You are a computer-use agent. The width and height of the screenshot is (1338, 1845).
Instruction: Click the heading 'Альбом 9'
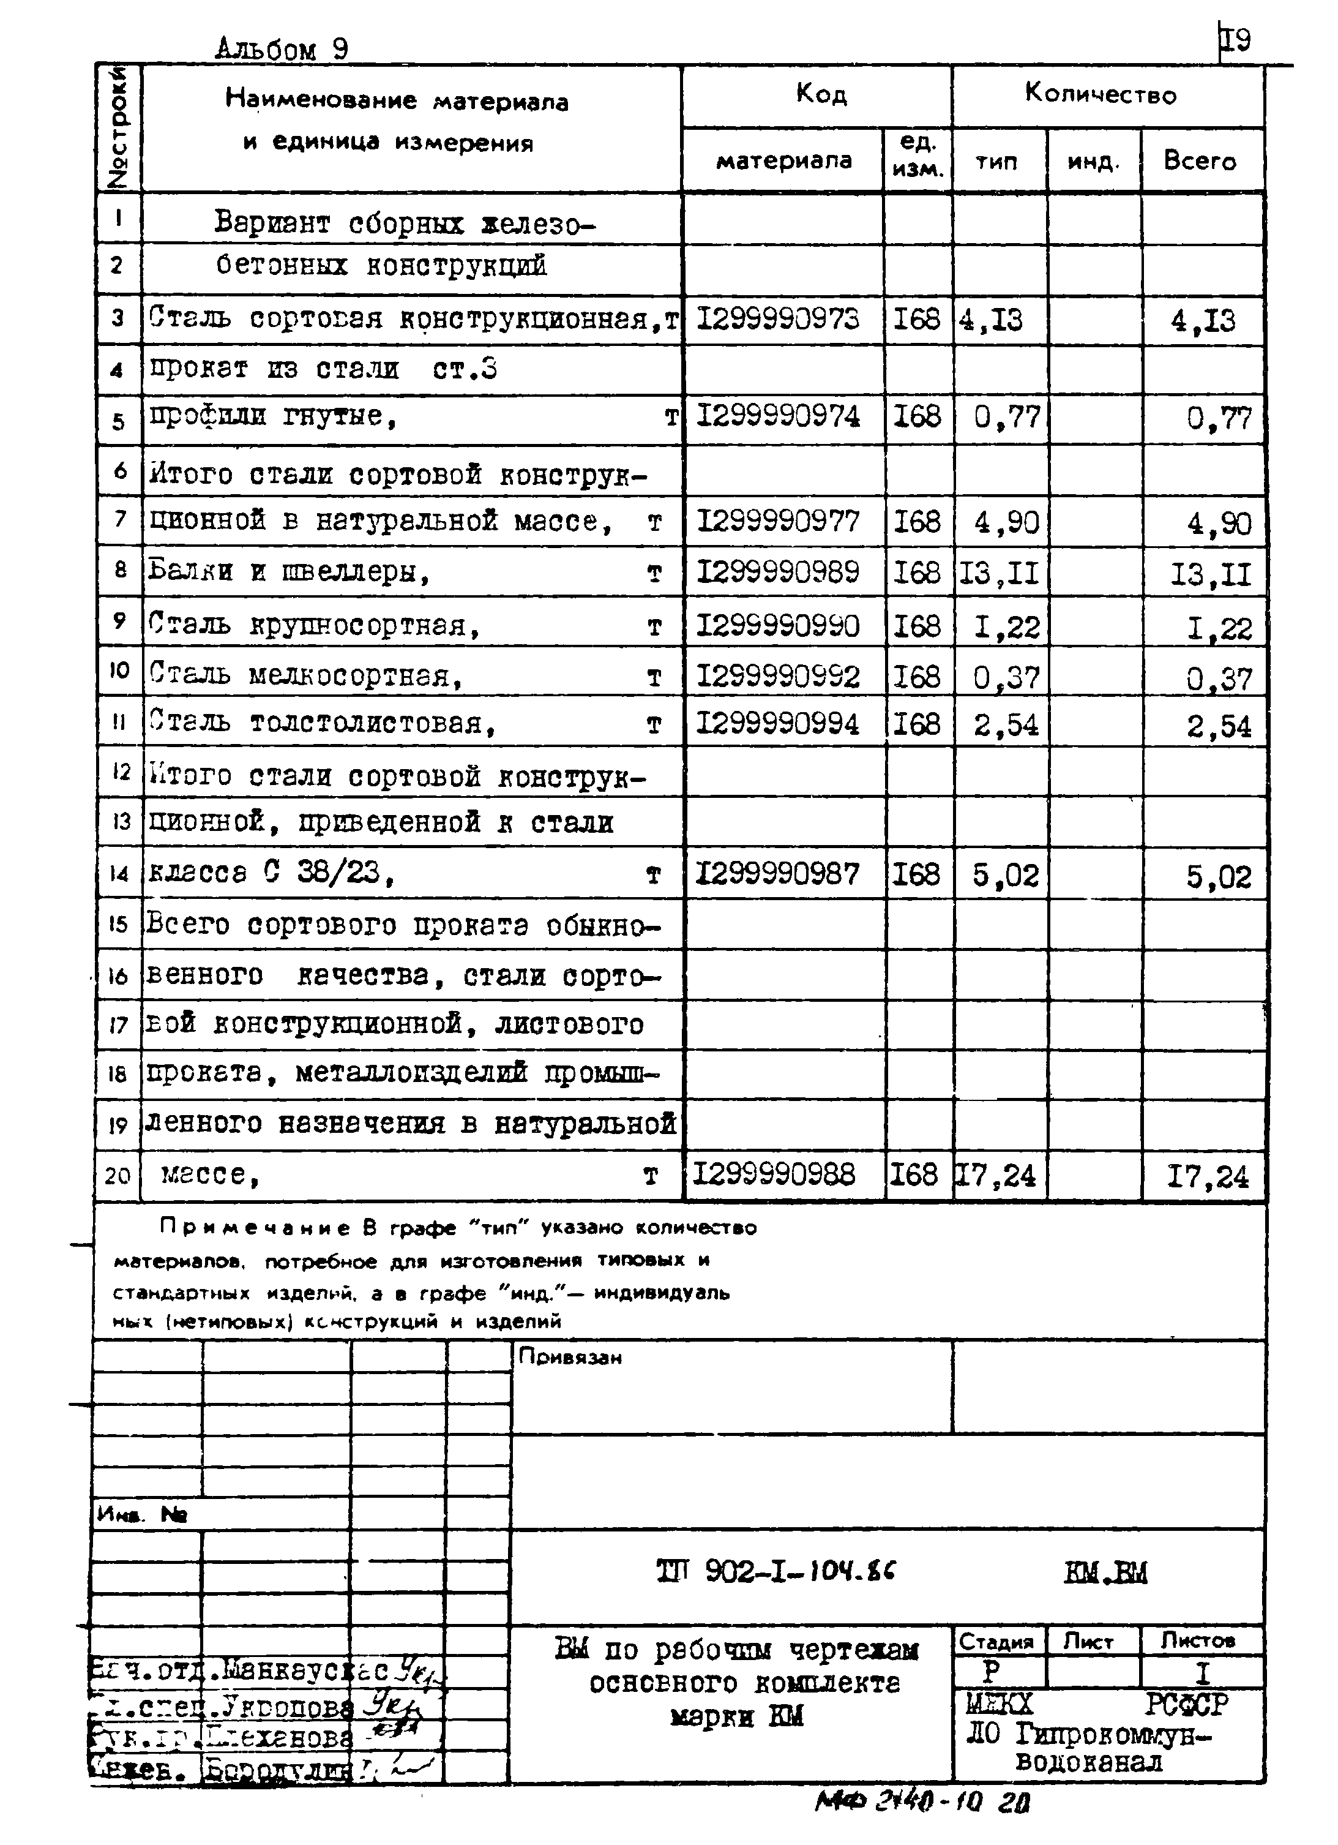(282, 50)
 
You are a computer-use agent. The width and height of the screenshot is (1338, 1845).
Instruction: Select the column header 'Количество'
(1100, 94)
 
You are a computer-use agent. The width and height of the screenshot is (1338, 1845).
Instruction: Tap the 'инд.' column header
(1093, 162)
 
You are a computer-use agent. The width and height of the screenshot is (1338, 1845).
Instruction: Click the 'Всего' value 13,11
(1210, 575)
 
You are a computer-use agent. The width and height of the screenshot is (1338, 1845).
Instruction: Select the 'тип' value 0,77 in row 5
(1007, 418)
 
